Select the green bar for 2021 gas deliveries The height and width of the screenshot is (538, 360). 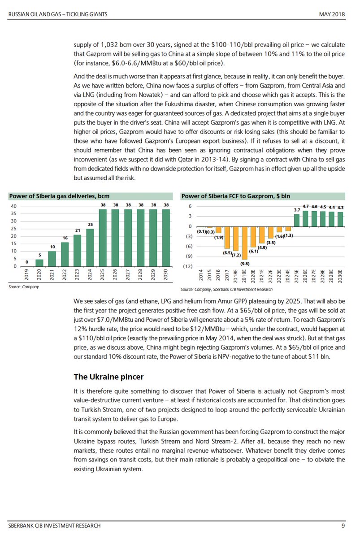52,259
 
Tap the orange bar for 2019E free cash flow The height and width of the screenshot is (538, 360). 244,243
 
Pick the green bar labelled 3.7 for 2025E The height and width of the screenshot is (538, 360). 297,220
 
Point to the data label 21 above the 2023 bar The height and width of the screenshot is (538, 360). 78,230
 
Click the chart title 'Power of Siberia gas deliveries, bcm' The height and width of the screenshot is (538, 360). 59,196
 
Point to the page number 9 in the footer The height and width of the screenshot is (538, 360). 343,525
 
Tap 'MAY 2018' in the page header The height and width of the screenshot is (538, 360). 332,15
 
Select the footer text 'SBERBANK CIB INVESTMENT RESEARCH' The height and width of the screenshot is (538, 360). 54,525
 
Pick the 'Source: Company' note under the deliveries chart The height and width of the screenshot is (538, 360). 24,286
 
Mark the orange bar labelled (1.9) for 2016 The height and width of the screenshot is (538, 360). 218,230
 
